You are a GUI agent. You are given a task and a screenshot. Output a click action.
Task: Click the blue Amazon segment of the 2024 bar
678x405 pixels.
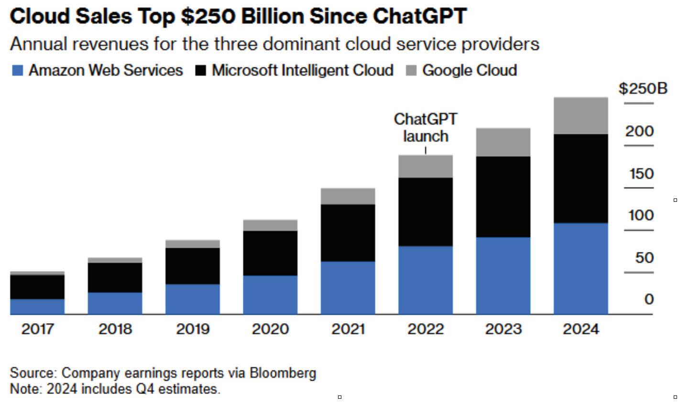click(x=580, y=268)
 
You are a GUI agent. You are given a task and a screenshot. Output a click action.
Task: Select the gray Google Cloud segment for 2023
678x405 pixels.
click(x=503, y=142)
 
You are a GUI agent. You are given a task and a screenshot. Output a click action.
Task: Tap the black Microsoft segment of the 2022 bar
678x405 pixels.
click(x=426, y=212)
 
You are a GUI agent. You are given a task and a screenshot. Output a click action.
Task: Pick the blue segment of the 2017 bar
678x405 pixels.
click(x=37, y=306)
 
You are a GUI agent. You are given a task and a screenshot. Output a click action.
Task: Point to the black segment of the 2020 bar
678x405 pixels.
click(x=270, y=253)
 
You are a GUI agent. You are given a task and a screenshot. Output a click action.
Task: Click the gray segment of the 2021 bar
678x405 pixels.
click(x=348, y=196)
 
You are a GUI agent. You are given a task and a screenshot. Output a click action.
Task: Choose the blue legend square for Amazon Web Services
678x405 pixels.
click(x=17, y=71)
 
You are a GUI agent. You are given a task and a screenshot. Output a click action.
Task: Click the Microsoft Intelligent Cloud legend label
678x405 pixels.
click(x=302, y=70)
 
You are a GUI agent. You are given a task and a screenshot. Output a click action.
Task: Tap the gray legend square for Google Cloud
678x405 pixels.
click(x=411, y=71)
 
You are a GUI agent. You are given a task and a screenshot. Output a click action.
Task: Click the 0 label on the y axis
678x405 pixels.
click(x=648, y=299)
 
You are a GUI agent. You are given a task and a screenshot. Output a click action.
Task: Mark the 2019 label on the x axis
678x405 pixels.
click(x=193, y=329)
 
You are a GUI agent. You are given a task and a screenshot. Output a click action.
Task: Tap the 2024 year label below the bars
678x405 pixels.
click(x=580, y=329)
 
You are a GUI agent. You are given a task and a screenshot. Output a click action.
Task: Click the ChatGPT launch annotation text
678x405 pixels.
click(x=425, y=127)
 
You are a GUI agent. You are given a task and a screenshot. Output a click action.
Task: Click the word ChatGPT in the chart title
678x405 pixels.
click(x=419, y=17)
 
